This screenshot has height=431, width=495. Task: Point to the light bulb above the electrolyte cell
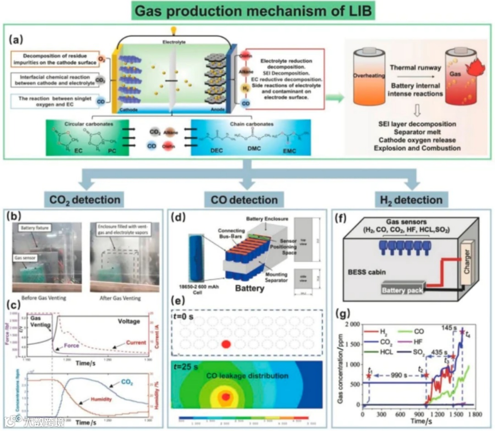(x=173, y=30)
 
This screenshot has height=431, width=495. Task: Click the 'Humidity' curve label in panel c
(x=100, y=399)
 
